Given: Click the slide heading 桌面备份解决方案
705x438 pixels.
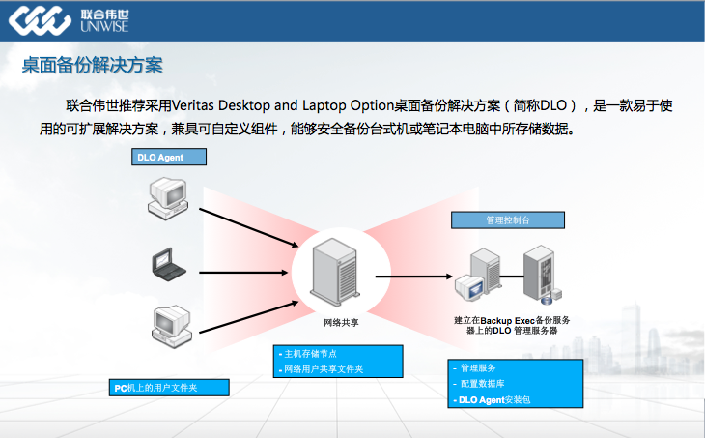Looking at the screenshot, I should tap(92, 66).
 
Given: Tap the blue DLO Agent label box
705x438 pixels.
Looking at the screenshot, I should tap(170, 157).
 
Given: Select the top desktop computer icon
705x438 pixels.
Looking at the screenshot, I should tap(163, 194).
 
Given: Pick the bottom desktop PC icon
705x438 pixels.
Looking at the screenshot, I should tap(164, 323).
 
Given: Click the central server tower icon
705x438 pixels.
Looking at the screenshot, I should tap(332, 272).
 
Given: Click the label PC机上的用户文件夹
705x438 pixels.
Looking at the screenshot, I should tap(167, 388).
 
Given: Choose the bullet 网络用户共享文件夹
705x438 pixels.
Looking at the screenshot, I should tap(324, 369).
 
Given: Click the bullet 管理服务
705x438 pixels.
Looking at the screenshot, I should tap(478, 368).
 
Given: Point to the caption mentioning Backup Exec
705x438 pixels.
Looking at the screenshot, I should tap(513, 325).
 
